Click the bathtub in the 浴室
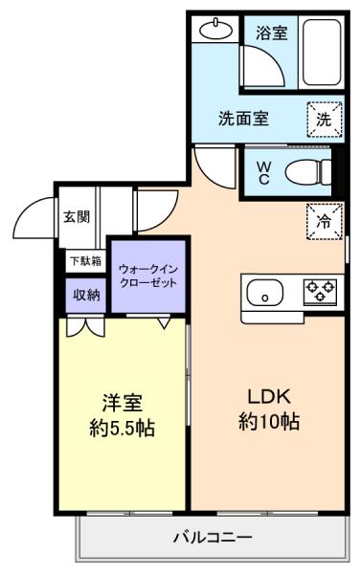coord(322,53)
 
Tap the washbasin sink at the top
coord(216,29)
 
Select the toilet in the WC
coord(307,173)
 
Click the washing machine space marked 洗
coord(325,120)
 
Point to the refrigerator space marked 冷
coord(325,222)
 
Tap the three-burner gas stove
coord(320,292)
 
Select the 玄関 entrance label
coord(77,217)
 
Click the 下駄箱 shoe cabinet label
coord(86,261)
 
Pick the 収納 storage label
coord(86,295)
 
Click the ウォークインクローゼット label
coord(148,276)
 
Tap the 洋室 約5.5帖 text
coord(123,415)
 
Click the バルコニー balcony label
coord(213,538)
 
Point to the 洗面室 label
coord(243,119)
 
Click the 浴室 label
coord(271,33)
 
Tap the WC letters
coord(263,173)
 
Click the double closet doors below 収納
coord(86,327)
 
